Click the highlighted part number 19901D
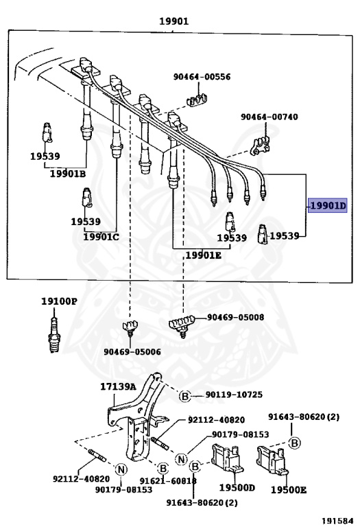point(328,206)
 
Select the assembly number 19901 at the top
point(173,21)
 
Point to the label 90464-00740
point(269,117)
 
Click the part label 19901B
point(67,174)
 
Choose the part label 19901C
point(101,237)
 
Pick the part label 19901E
point(203,255)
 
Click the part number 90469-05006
point(132,351)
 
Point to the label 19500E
point(288,489)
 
